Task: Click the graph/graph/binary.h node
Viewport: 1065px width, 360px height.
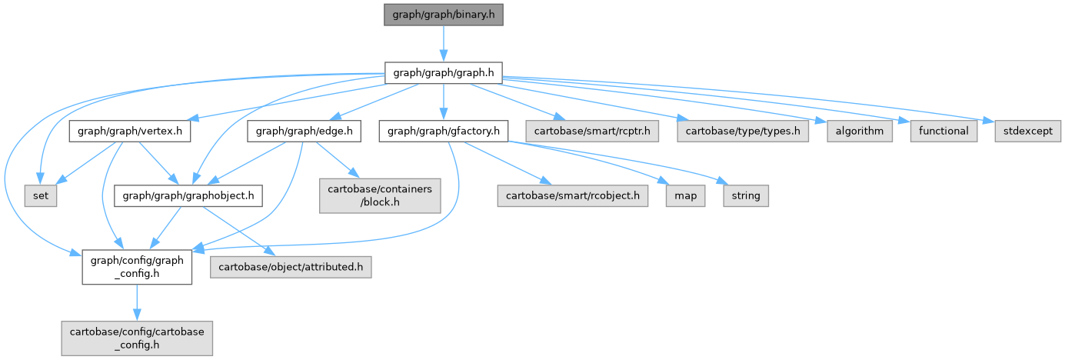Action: click(x=444, y=15)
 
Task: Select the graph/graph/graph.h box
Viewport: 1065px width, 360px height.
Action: click(x=444, y=74)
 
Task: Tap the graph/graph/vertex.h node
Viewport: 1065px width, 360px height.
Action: click(x=130, y=132)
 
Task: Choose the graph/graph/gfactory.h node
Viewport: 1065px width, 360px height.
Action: click(x=444, y=132)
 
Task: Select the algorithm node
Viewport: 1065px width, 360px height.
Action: click(x=860, y=132)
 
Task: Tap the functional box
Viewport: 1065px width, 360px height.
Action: click(x=944, y=132)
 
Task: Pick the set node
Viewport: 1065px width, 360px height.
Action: click(x=41, y=196)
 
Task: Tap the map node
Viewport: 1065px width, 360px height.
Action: click(x=686, y=196)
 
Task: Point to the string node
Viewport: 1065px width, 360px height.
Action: click(x=745, y=196)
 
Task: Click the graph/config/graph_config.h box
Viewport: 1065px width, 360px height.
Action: click(x=137, y=267)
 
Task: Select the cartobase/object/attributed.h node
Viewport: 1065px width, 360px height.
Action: click(x=291, y=267)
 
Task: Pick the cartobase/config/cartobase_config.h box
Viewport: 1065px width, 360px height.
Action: click(x=137, y=338)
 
